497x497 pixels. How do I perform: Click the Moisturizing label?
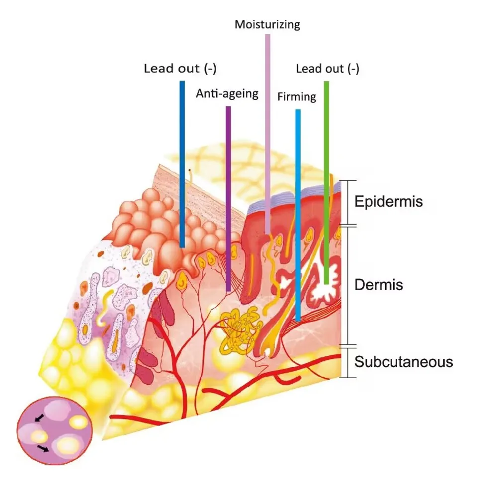[x=267, y=24]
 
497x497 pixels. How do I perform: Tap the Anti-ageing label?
[x=227, y=93]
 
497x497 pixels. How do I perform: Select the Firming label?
[x=297, y=96]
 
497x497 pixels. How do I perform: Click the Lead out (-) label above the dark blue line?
[x=180, y=68]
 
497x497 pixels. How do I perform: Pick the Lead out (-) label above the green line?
[x=328, y=69]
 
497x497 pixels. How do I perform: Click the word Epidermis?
[x=388, y=202]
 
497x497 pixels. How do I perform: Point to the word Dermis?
[x=378, y=285]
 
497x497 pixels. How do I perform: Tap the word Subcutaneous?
[x=404, y=361]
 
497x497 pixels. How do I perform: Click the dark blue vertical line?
[x=182, y=164]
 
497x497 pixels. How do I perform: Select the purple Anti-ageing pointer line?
[x=228, y=199]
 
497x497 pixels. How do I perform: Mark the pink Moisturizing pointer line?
[x=268, y=134]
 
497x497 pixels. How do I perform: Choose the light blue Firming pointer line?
[x=298, y=214]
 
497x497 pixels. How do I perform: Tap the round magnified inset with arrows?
[x=55, y=427]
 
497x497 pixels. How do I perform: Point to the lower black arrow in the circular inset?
[x=44, y=449]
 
